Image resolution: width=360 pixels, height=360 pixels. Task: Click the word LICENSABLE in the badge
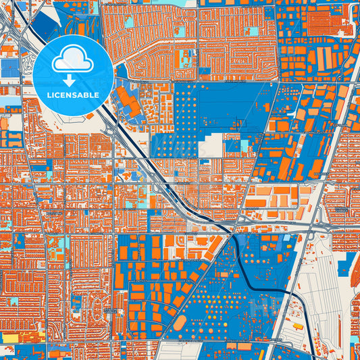coord(74,95)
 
